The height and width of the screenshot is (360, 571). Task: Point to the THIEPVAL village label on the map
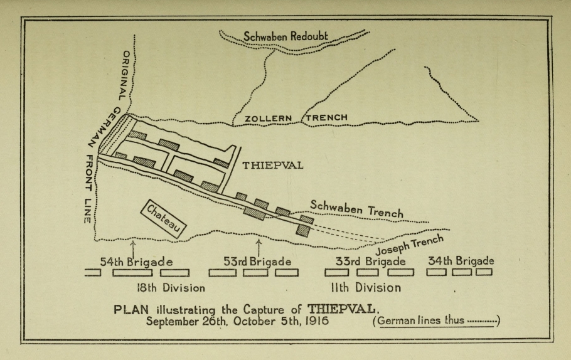coord(273,166)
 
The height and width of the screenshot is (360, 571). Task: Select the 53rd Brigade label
coord(257,261)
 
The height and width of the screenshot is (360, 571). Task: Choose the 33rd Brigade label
coord(370,261)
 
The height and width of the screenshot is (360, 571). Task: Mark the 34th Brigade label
coord(461,260)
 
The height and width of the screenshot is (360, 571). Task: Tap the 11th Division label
coord(366,288)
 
